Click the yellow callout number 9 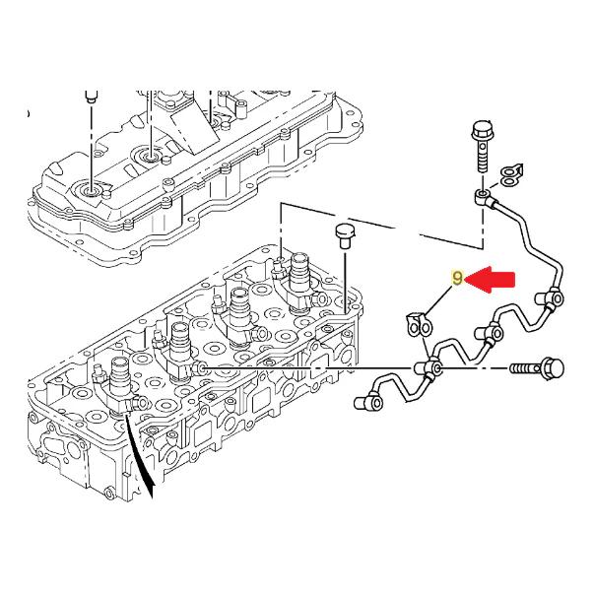point(457,280)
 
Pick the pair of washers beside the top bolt point(509,173)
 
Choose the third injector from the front point(239,309)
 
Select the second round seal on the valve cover point(151,156)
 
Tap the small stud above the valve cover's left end point(90,98)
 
